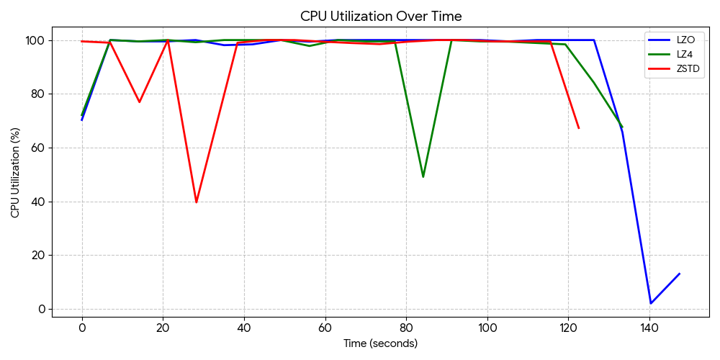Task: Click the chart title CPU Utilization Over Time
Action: coord(381,16)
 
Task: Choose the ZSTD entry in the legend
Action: coord(688,69)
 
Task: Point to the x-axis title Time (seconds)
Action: coord(380,343)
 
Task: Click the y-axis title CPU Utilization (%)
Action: coord(15,173)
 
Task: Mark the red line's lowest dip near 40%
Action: coord(196,202)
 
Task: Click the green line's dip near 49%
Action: coord(423,176)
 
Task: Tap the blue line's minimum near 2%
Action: coord(651,303)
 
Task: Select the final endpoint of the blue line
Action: coord(679,274)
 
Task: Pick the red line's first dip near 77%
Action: coord(139,102)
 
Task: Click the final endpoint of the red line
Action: coord(578,128)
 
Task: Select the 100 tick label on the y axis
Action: coord(37,40)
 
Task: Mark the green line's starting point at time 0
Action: coord(82,115)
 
